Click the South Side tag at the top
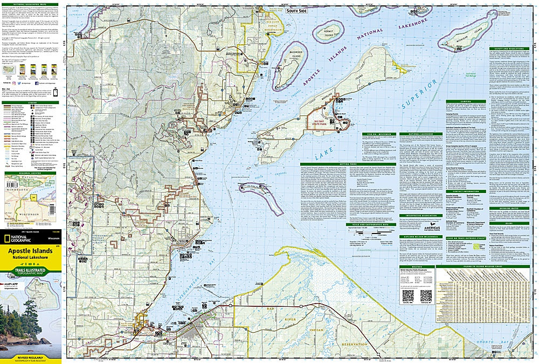click(x=298, y=10)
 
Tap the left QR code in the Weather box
click(x=408, y=296)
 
